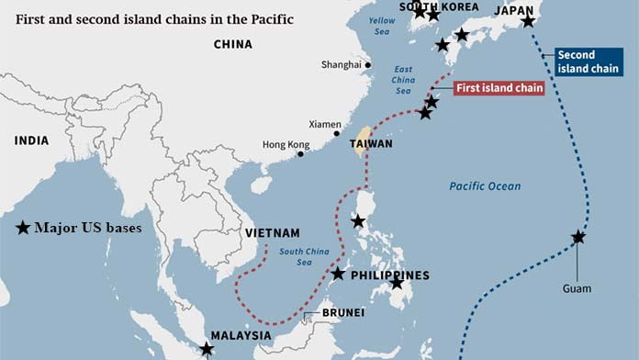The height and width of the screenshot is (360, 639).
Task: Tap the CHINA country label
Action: coord(232,44)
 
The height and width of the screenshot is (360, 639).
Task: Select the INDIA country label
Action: coord(31,141)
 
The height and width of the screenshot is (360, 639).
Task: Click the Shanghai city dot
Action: coord(367,65)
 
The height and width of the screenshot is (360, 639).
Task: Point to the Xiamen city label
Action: coord(325,124)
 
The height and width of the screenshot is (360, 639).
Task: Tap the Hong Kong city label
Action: coord(286,145)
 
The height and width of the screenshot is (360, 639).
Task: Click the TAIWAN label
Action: coord(371,144)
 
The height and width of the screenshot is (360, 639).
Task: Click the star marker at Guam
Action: coord(578,237)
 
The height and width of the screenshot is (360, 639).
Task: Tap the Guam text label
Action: coord(577,288)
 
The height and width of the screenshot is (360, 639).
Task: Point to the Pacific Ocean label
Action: coord(485,186)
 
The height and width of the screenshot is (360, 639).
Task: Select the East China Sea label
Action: coord(403,79)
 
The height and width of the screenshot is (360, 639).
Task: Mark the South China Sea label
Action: coord(303,257)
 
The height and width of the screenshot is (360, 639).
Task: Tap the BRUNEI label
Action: coord(343,313)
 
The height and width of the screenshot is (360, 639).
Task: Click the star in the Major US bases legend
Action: coord(23,227)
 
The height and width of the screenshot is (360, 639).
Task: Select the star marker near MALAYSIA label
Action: coord(207,349)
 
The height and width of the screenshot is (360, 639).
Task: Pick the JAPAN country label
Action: coord(514,10)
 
